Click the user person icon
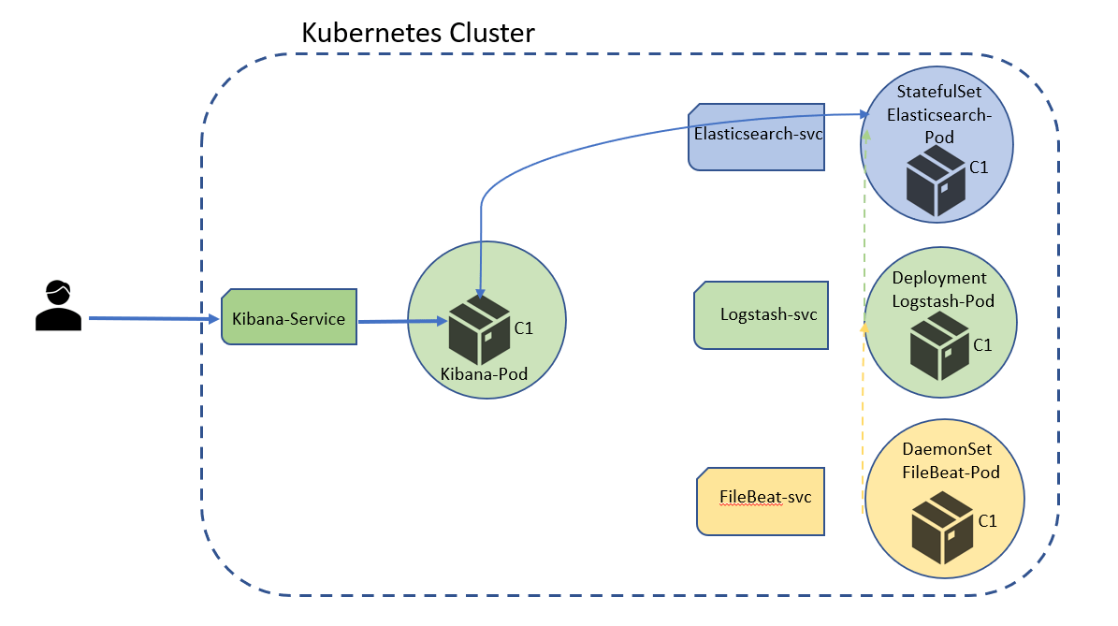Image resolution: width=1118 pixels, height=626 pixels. point(57,306)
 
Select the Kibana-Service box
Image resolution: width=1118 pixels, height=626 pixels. point(288,319)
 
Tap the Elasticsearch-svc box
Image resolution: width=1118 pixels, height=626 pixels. point(757,135)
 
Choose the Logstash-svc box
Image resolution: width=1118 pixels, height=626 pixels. point(762,314)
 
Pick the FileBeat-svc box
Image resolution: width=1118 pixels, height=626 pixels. point(761,498)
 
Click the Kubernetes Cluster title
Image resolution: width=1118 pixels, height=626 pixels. point(417,34)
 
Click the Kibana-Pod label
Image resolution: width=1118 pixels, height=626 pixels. point(484,374)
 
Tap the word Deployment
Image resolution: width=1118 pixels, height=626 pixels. point(939,278)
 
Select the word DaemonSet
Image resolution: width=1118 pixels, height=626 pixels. point(947,450)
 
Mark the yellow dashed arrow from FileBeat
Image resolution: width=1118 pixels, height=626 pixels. point(862,421)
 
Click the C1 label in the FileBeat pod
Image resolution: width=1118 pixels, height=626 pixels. point(987,520)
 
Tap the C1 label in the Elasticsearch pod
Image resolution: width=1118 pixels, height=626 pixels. point(979,167)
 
